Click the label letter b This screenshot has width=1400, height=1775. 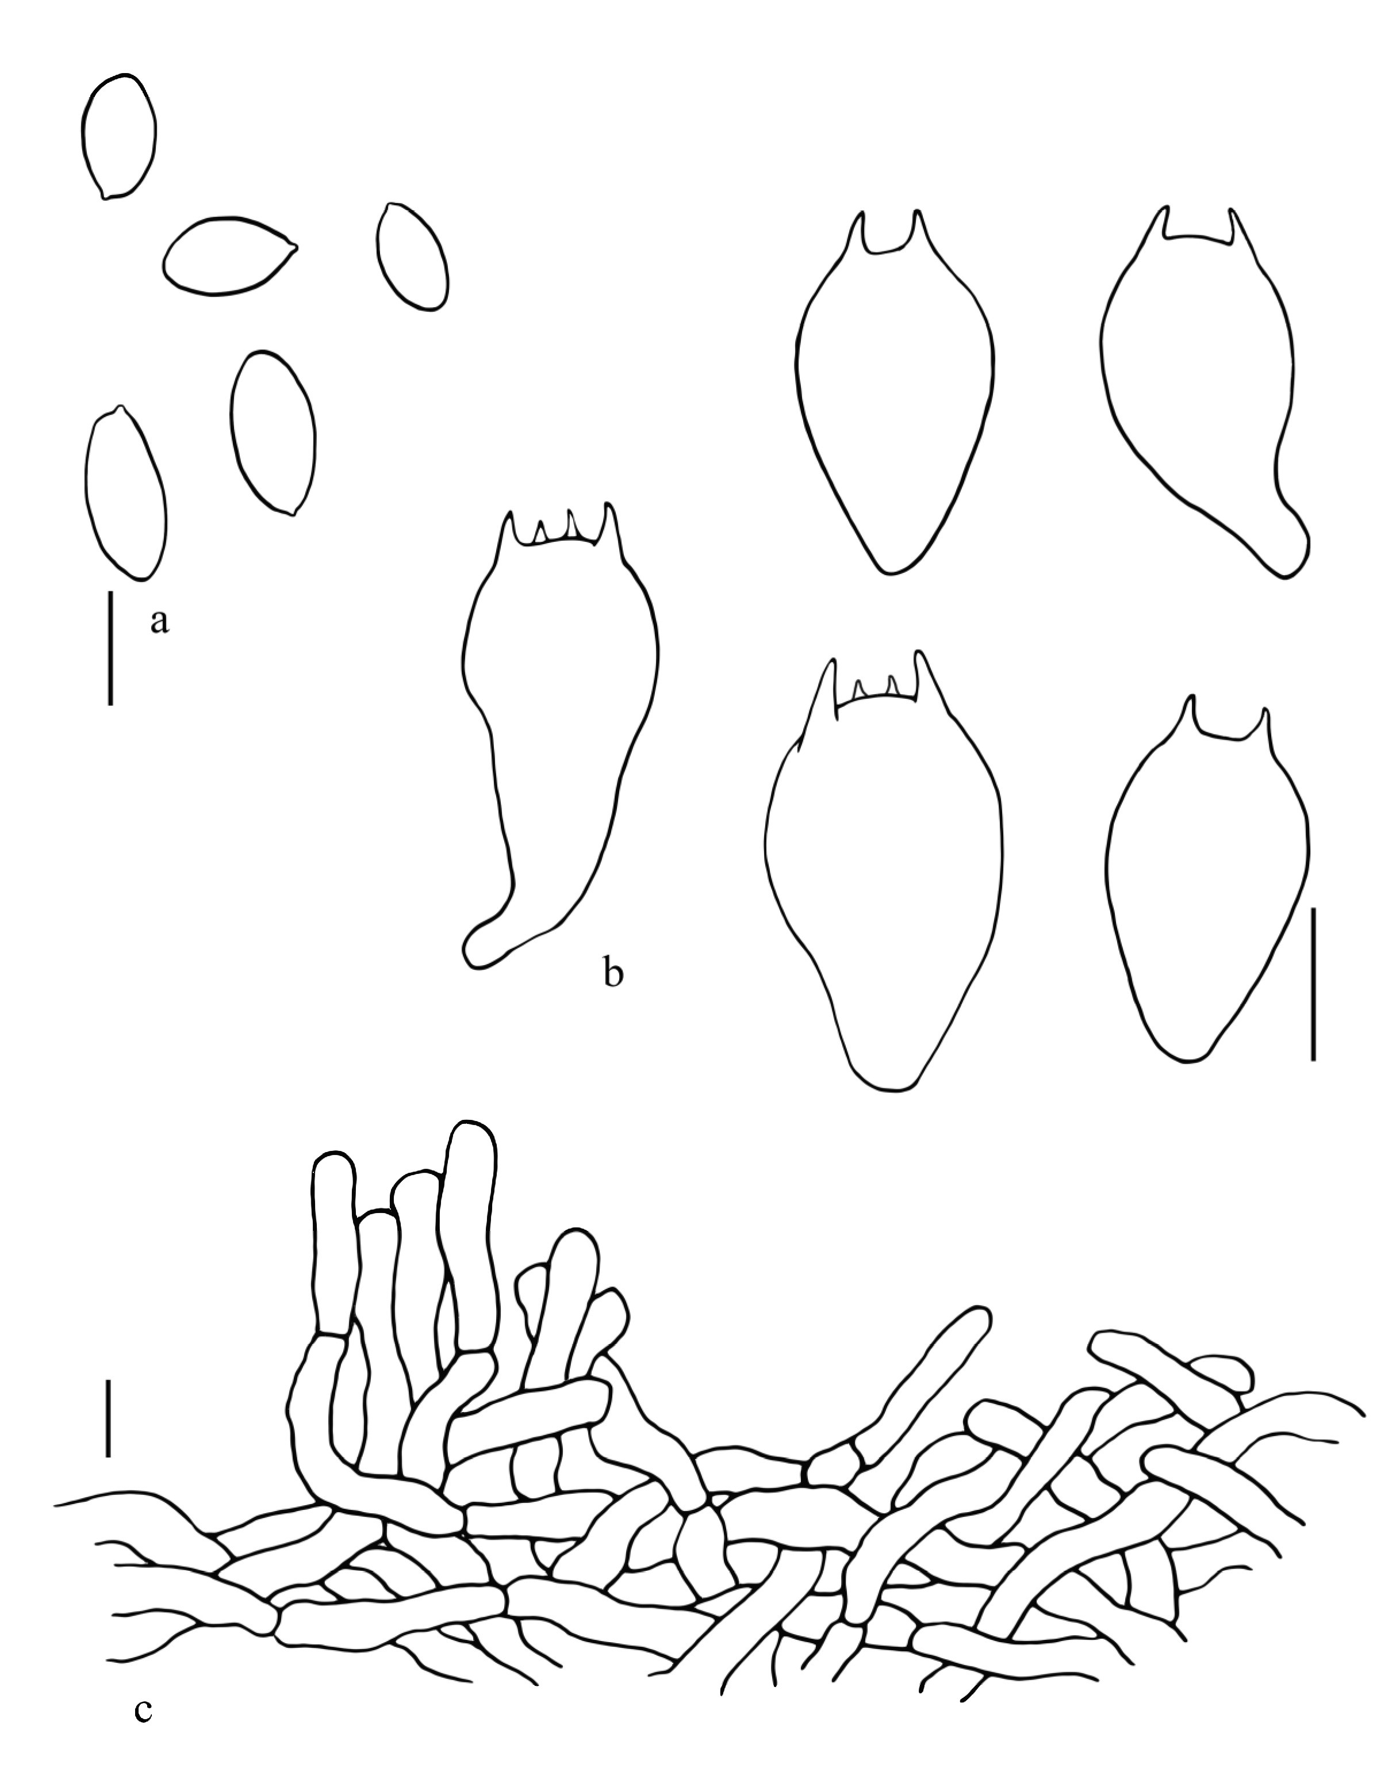(613, 974)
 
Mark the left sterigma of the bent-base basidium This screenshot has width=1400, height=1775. (1161, 221)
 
